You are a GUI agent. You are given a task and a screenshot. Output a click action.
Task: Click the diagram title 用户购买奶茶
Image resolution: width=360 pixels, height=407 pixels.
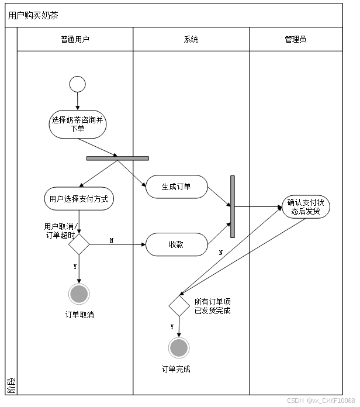(33, 16)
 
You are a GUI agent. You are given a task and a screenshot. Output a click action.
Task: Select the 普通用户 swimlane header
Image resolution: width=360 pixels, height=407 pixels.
(75, 40)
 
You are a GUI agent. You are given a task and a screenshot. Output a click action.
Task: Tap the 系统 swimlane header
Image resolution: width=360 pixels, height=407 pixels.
(191, 40)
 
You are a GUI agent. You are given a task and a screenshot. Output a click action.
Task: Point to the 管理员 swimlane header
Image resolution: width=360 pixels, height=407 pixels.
(296, 40)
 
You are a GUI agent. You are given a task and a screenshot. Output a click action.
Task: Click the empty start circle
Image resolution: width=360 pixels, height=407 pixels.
(77, 84)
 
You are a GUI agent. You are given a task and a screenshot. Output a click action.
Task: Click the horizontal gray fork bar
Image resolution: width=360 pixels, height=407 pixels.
(117, 158)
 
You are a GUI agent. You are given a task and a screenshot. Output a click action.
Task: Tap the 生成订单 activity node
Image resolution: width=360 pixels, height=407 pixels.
(176, 187)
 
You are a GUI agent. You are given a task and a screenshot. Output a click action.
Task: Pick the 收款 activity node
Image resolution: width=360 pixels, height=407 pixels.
(176, 244)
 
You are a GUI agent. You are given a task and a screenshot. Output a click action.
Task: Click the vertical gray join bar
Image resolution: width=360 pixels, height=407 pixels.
(232, 206)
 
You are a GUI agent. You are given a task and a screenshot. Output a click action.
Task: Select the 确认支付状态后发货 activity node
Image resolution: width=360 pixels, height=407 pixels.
(306, 207)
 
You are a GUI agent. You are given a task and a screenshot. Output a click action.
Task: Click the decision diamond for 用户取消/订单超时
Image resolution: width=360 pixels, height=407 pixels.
(79, 244)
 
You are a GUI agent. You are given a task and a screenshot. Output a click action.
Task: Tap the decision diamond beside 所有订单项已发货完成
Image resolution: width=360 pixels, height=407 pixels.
(179, 306)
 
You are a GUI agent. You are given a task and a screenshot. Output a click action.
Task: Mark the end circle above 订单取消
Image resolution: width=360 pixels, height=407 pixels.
(79, 294)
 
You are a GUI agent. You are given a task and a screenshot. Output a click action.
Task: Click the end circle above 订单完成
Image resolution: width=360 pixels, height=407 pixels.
(179, 348)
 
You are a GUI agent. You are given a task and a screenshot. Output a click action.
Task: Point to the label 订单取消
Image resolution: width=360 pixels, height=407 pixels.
(79, 315)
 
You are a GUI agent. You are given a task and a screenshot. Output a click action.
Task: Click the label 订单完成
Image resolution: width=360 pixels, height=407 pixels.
(176, 369)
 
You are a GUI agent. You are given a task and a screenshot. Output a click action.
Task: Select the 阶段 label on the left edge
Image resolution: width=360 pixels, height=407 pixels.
(11, 385)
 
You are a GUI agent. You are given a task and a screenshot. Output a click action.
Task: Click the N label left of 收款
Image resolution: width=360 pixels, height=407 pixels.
(112, 240)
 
